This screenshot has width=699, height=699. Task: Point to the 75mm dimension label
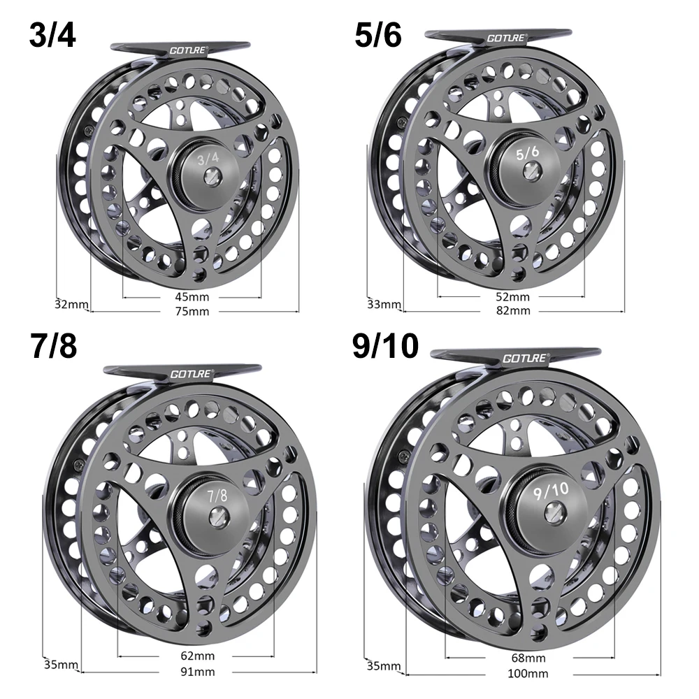(194, 311)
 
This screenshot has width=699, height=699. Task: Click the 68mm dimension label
(528, 659)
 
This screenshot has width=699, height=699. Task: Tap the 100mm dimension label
(528, 674)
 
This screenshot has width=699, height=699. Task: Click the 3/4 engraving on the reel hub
(208, 159)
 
